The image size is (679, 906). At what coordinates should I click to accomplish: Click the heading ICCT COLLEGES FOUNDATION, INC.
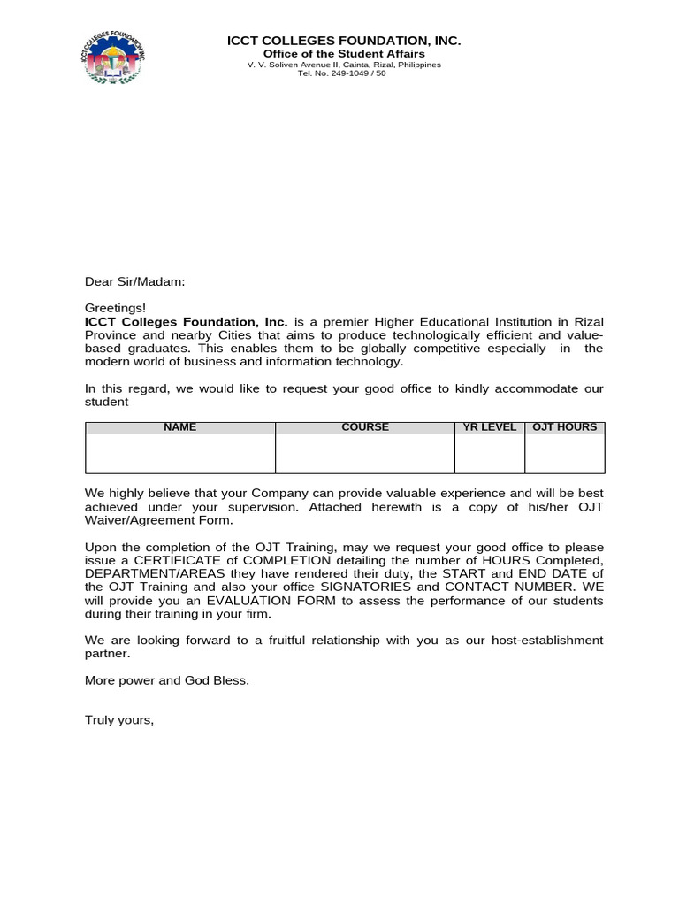tap(344, 41)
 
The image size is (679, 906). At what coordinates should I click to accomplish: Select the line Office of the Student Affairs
tap(344, 54)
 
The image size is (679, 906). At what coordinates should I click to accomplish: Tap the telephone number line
tap(344, 73)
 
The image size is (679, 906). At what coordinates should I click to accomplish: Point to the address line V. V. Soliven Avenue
tap(344, 65)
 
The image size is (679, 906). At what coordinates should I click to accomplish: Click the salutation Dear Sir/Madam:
tap(135, 281)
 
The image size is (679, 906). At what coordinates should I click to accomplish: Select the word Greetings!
tap(115, 308)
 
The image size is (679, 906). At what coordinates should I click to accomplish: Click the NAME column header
tap(180, 427)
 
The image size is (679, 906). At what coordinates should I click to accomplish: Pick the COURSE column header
tap(365, 427)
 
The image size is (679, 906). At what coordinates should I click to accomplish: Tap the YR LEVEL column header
tap(490, 427)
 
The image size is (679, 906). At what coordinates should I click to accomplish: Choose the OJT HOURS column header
tap(565, 427)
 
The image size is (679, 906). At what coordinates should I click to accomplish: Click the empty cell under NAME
tap(180, 453)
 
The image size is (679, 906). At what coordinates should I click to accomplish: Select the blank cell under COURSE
tap(365, 453)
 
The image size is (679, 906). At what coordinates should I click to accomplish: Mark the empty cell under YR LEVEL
tap(490, 453)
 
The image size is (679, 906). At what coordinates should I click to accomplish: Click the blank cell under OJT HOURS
tap(565, 453)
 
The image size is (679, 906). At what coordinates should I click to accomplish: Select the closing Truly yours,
tap(119, 720)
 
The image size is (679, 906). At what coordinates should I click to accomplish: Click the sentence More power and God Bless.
tap(167, 680)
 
